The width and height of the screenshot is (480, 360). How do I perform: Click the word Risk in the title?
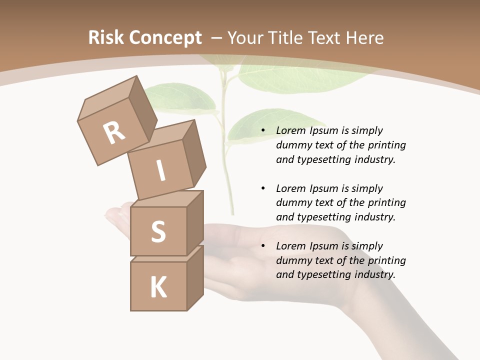click(x=106, y=38)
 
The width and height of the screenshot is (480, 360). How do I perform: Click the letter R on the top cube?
click(x=114, y=133)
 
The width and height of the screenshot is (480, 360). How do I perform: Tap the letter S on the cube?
click(x=158, y=231)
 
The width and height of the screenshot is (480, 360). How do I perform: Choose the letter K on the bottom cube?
click(x=158, y=287)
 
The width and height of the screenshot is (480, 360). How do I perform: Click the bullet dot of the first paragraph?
click(x=263, y=131)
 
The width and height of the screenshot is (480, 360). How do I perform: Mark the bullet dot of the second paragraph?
click(x=263, y=188)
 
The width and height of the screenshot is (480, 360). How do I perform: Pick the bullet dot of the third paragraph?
click(x=263, y=246)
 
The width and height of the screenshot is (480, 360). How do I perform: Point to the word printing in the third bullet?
click(x=386, y=260)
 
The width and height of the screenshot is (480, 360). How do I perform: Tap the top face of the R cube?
click(x=107, y=97)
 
